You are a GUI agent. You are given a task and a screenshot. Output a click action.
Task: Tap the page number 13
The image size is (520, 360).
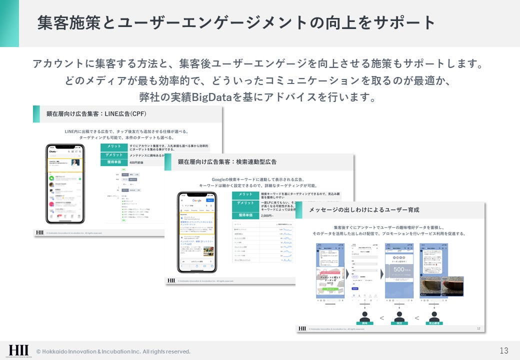coord(503,350)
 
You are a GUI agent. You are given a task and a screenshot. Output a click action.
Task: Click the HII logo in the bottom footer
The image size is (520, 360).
coord(18,350)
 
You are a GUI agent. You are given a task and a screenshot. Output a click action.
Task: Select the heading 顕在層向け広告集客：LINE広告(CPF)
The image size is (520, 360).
coord(96,114)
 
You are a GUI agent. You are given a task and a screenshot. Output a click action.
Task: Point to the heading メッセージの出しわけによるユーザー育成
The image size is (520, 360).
coord(364,209)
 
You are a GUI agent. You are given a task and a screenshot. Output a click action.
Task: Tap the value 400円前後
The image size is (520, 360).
coord(136,162)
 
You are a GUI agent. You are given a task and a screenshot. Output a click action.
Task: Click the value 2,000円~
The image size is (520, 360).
coord(267,215)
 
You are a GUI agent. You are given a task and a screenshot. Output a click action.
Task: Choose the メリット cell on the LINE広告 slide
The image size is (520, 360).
coord(114,146)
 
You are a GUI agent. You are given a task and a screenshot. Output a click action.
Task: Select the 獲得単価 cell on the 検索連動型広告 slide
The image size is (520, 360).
coord(245,215)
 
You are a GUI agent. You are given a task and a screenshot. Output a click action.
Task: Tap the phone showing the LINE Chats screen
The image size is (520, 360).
coord(64,184)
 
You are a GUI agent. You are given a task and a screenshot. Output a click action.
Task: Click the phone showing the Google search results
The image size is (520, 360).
coord(197,232)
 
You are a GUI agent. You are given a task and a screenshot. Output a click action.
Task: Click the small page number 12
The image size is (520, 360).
coord(478,328)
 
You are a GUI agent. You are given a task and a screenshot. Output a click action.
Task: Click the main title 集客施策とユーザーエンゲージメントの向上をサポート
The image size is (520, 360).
coord(236,23)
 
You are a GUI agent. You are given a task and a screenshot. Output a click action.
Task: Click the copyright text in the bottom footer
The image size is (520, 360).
coord(113,352)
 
